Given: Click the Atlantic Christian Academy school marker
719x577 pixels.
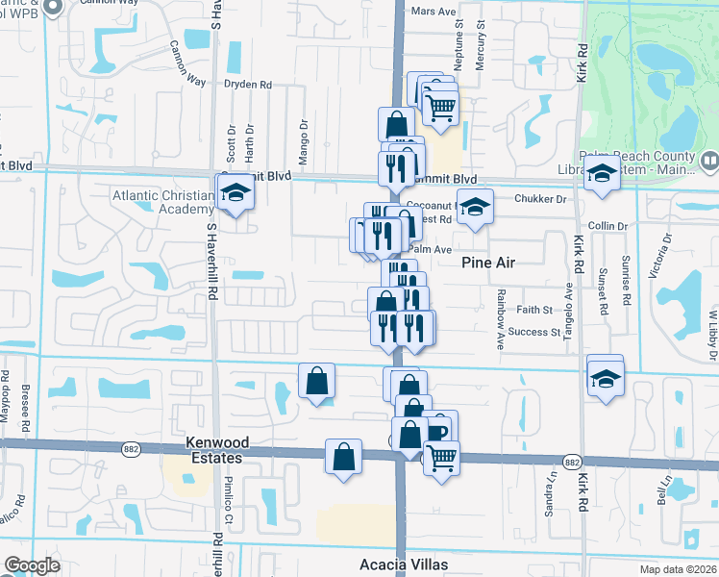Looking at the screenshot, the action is [x=233, y=192].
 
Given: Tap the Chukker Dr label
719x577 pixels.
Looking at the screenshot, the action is [x=541, y=199].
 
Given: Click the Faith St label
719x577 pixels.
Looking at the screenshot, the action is [x=534, y=310].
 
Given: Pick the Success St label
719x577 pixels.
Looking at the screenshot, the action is [x=534, y=333].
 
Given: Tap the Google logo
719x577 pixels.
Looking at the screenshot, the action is [x=32, y=565].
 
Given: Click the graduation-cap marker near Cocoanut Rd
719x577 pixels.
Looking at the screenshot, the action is [x=474, y=207].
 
